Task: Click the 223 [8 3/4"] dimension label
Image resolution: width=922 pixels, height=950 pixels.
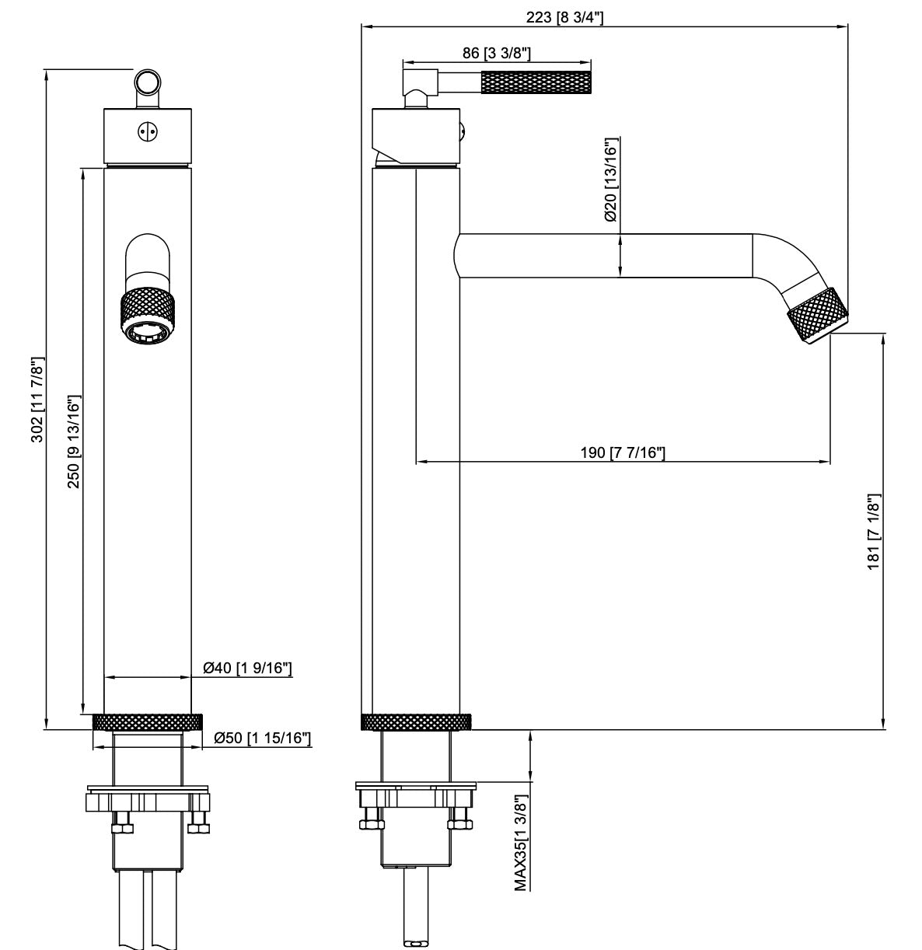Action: [x=570, y=17]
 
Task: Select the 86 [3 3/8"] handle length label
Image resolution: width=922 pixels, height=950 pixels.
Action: [x=497, y=53]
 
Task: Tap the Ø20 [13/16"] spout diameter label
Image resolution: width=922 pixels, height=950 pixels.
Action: [x=610, y=180]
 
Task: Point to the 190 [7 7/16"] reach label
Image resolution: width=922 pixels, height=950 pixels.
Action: [x=623, y=452]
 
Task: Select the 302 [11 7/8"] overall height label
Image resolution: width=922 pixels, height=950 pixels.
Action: [x=36, y=400]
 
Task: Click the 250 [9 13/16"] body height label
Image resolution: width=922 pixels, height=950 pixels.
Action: [x=73, y=442]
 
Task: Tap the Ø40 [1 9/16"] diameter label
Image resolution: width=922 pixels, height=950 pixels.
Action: [x=247, y=667]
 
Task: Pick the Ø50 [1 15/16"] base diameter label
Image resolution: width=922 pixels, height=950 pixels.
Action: [x=262, y=738]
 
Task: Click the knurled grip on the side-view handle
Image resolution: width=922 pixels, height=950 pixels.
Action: [x=537, y=82]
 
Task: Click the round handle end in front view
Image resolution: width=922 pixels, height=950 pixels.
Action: [x=147, y=82]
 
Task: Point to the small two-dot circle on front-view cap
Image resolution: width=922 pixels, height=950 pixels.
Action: [x=147, y=131]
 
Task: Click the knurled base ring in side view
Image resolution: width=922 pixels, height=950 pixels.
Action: [x=417, y=721]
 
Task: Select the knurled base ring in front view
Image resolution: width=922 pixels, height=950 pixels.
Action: [x=147, y=721]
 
